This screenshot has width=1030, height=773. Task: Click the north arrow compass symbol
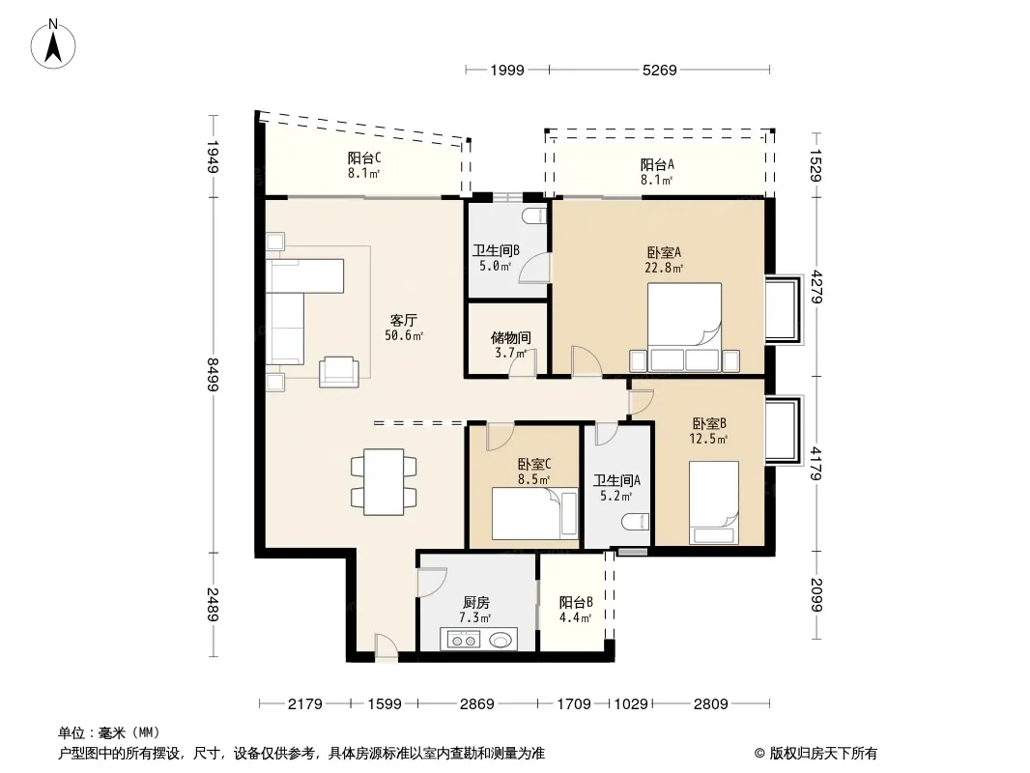click(53, 44)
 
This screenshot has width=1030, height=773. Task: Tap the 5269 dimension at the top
click(660, 70)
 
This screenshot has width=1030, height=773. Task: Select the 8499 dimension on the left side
click(213, 374)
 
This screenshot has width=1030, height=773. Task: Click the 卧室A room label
click(664, 252)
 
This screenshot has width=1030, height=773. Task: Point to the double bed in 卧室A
click(684, 327)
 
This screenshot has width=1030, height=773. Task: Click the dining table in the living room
click(384, 481)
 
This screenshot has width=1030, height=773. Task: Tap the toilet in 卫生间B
click(536, 215)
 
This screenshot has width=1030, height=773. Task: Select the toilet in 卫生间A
click(635, 522)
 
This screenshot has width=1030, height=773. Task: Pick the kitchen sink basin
click(500, 639)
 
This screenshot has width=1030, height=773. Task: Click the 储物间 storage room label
click(510, 337)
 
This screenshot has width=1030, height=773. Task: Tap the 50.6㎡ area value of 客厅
click(404, 335)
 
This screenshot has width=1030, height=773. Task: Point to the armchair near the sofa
click(339, 371)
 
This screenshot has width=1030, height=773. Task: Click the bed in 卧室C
click(535, 513)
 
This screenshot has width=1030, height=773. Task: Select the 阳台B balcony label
click(576, 602)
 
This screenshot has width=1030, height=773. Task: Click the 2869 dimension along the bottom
click(477, 704)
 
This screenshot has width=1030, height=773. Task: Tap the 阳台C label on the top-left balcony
click(364, 157)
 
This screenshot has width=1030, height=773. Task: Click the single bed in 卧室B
click(714, 502)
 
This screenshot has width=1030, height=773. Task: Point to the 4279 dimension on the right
click(815, 287)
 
